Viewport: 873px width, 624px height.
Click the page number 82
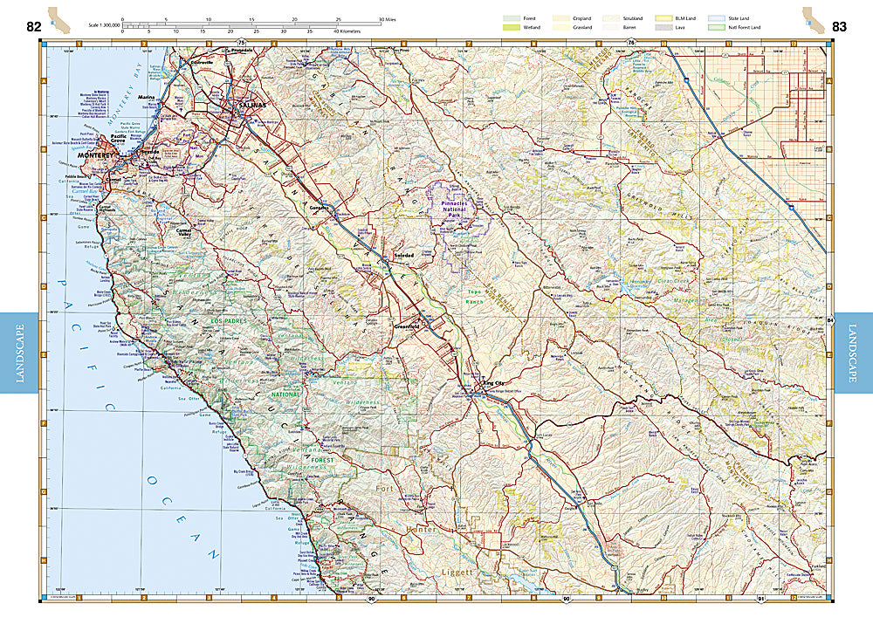click(x=34, y=25)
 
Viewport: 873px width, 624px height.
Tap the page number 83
click(x=839, y=26)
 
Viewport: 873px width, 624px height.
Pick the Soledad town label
click(x=403, y=254)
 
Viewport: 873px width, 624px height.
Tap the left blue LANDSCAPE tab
click(x=20, y=353)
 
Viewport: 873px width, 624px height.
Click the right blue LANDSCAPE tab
click(x=853, y=353)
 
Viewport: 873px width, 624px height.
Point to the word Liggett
click(x=455, y=573)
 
